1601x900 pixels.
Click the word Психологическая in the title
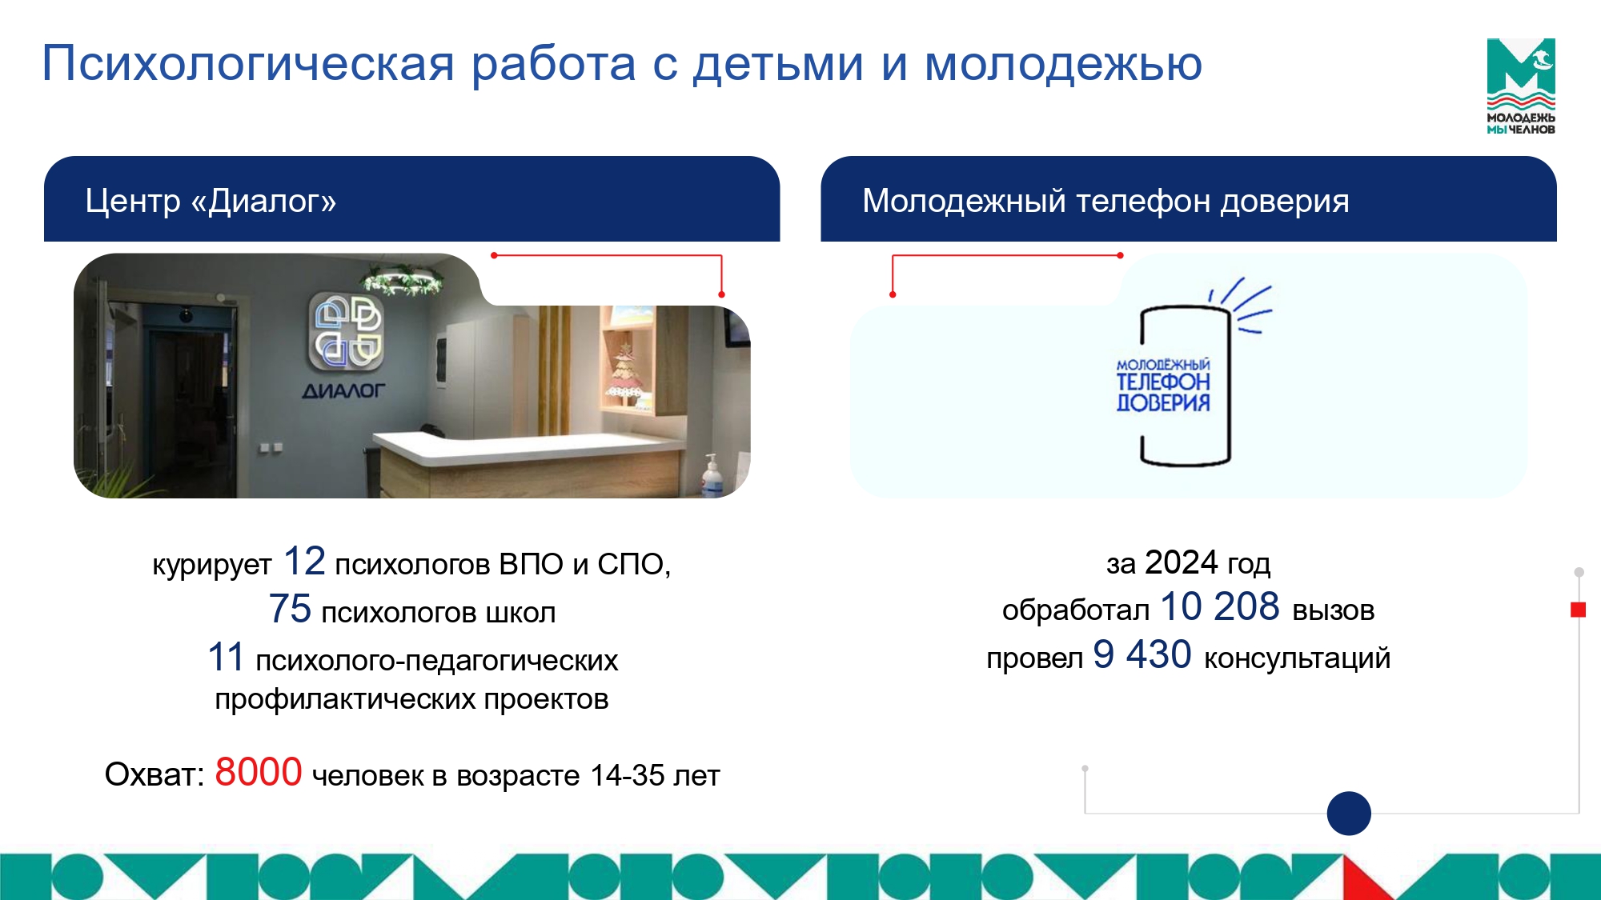[x=248, y=64]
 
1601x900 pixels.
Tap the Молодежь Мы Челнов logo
[x=1521, y=86]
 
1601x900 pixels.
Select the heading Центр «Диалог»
[x=211, y=201]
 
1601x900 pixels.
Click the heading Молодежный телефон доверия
[x=1105, y=202]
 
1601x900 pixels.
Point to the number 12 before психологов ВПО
[x=304, y=561]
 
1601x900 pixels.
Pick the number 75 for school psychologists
[x=290, y=609]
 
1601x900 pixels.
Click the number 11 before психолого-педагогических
[x=226, y=658]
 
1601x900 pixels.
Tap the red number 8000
[x=259, y=772]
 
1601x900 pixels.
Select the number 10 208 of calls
[x=1220, y=606]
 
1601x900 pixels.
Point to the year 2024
[x=1181, y=562]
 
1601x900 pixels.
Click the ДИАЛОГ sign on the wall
[x=343, y=391]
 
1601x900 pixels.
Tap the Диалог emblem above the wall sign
[x=347, y=332]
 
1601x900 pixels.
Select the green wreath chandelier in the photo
[x=402, y=281]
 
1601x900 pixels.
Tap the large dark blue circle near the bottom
[x=1349, y=814]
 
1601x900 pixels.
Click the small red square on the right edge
[x=1579, y=610]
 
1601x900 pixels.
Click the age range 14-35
[x=628, y=775]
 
